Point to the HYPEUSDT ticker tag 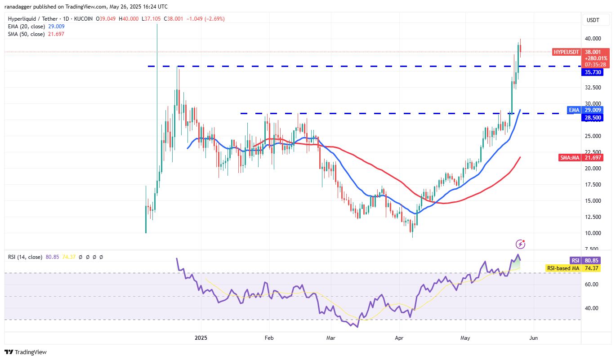[x=566, y=52]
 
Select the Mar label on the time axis [x=330, y=338]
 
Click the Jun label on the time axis [x=534, y=338]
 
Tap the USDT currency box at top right [x=594, y=20]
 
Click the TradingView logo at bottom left [x=26, y=352]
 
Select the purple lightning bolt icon [x=520, y=244]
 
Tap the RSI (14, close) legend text [x=25, y=257]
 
